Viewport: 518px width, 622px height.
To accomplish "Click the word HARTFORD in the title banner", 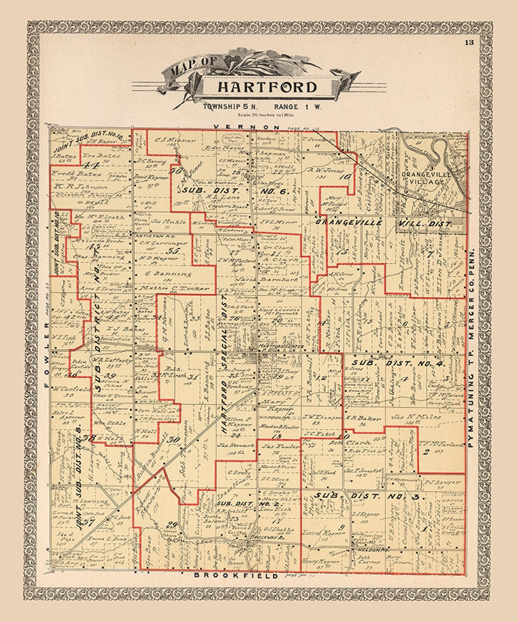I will [267, 87].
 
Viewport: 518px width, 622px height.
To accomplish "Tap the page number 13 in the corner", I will [469, 42].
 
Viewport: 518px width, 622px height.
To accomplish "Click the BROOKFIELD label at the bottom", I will [235, 575].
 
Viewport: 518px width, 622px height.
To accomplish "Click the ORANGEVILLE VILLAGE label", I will [426, 178].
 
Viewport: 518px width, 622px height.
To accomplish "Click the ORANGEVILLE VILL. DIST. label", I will [384, 223].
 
